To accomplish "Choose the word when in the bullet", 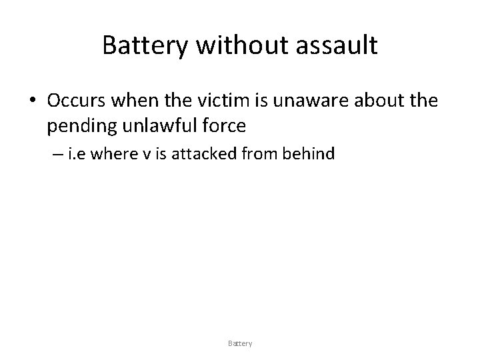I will (x=131, y=101).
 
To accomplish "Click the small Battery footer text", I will (x=240, y=343).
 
